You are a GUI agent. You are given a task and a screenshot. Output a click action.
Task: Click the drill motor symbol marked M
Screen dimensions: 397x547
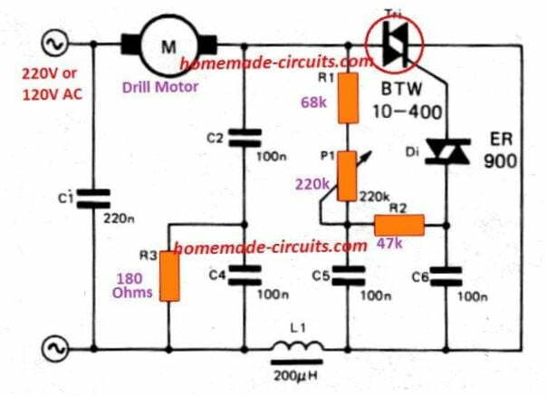pos(168,44)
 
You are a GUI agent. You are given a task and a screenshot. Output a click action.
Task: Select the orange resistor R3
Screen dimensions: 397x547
pos(169,276)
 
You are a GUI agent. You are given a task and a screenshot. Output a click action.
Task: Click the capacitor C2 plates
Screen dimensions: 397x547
pos(243,137)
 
